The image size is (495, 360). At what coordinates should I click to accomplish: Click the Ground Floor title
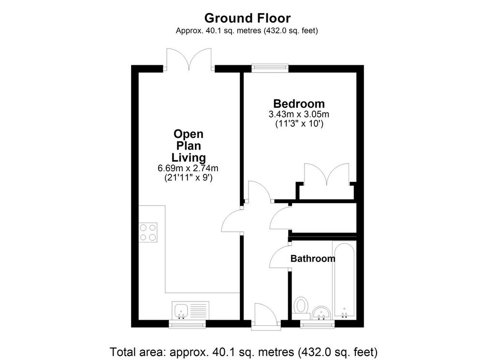(x=247, y=18)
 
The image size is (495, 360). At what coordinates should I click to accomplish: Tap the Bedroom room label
(x=299, y=104)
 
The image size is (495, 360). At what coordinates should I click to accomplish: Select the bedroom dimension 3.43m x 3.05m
(x=299, y=114)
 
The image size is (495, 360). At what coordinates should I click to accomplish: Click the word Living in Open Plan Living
(x=189, y=157)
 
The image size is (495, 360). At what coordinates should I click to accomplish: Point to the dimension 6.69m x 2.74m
(x=188, y=168)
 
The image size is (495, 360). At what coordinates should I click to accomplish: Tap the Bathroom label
(x=313, y=258)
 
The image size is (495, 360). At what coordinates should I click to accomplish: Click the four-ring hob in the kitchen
(x=148, y=232)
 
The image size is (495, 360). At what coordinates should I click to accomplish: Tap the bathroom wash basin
(x=321, y=313)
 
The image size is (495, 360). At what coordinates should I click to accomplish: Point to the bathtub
(x=344, y=280)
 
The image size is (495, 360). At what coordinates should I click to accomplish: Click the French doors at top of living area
(x=189, y=59)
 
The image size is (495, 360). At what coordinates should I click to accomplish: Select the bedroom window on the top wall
(x=270, y=68)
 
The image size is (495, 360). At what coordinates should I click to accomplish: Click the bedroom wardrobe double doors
(x=327, y=175)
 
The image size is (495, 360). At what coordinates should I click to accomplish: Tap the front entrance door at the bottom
(x=265, y=316)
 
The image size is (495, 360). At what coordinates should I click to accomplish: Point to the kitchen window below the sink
(x=187, y=324)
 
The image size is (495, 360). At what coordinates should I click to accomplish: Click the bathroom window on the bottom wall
(x=317, y=324)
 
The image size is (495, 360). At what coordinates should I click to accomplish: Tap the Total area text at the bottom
(x=244, y=352)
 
